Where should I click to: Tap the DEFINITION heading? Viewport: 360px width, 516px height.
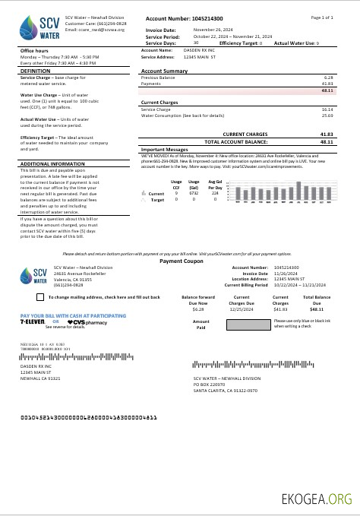click(x=35, y=71)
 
